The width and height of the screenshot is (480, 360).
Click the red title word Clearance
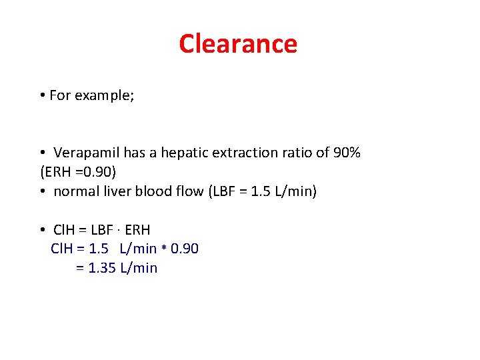click(x=238, y=44)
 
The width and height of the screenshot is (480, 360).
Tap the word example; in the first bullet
click(x=104, y=95)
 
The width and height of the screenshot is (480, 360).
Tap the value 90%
click(x=346, y=153)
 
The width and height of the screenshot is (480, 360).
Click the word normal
click(x=75, y=191)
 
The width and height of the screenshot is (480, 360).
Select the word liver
click(x=116, y=191)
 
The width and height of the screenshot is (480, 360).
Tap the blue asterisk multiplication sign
click(x=163, y=249)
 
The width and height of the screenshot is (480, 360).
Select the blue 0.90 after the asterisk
click(x=185, y=249)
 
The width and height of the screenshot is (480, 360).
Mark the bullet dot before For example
click(x=42, y=96)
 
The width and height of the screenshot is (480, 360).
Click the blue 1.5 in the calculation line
click(x=99, y=249)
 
